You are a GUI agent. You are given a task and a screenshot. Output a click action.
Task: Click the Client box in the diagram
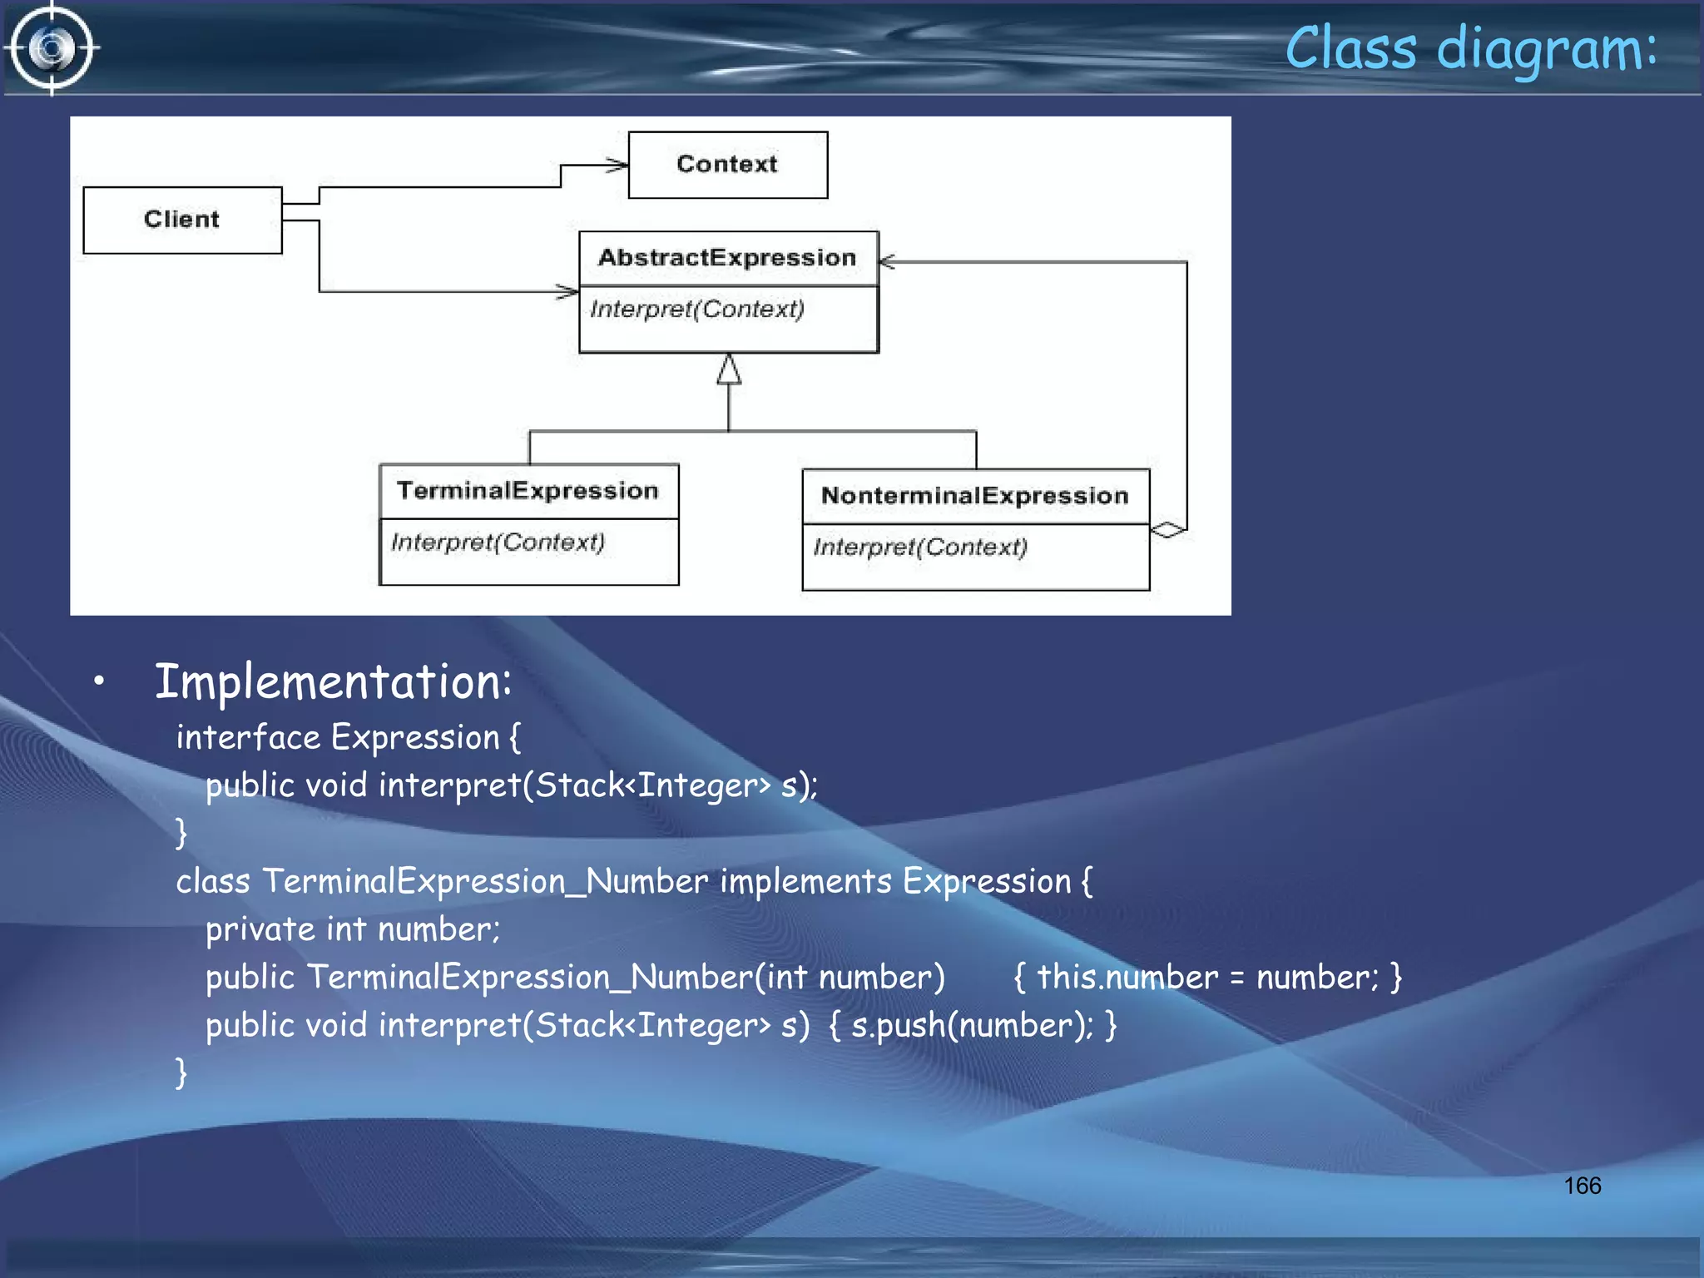pyautogui.click(x=182, y=220)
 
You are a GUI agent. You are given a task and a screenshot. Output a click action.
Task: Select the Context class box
pyautogui.click(x=727, y=165)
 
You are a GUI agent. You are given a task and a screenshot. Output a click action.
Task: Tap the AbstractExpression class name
pyautogui.click(x=727, y=258)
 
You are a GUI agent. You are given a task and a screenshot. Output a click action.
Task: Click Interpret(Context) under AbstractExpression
pyautogui.click(x=697, y=310)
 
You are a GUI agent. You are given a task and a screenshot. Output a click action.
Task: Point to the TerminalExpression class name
pyautogui.click(x=528, y=491)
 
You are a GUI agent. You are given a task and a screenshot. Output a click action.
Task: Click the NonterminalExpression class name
pyautogui.click(x=974, y=496)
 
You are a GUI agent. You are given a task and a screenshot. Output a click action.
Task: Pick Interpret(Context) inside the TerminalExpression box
pyautogui.click(x=498, y=542)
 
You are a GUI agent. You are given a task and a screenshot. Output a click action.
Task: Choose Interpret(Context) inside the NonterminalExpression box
pyautogui.click(x=920, y=547)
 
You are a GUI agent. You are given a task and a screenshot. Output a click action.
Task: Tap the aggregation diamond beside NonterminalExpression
pyautogui.click(x=1168, y=529)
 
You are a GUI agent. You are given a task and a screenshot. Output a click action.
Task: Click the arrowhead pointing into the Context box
pyautogui.click(x=617, y=166)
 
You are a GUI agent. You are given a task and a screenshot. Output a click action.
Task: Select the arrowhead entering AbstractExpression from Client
pyautogui.click(x=568, y=291)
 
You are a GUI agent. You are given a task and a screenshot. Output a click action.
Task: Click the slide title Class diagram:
pyautogui.click(x=1470, y=48)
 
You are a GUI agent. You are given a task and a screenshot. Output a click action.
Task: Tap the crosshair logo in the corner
pyautogui.click(x=52, y=48)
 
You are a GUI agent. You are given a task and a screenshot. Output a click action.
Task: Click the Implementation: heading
pyautogui.click(x=333, y=682)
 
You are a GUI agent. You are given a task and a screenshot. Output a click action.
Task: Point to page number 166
pyautogui.click(x=1582, y=1186)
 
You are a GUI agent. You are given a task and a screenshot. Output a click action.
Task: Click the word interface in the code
pyautogui.click(x=248, y=738)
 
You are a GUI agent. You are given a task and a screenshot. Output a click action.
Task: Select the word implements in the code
pyautogui.click(x=805, y=882)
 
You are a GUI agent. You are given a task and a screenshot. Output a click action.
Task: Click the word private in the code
pyautogui.click(x=260, y=929)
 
